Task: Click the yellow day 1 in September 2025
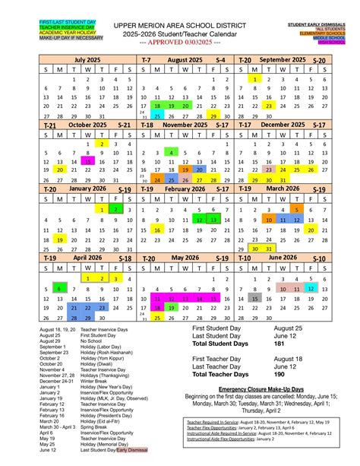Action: (255, 79)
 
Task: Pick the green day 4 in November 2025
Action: (172, 152)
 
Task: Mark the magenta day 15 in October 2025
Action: (88, 161)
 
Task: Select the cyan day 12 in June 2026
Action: (310, 289)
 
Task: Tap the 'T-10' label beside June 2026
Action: (245, 258)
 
